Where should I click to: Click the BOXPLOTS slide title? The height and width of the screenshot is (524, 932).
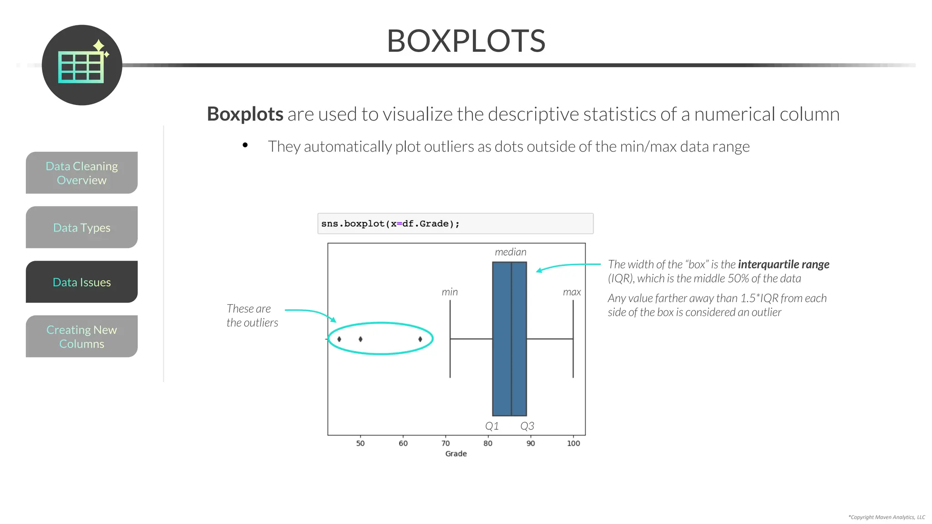click(x=466, y=41)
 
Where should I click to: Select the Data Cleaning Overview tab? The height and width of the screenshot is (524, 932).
click(x=82, y=173)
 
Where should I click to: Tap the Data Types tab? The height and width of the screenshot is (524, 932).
click(x=82, y=227)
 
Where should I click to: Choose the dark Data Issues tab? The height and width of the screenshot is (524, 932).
click(x=82, y=282)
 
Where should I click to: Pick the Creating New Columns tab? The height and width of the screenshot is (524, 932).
click(x=82, y=337)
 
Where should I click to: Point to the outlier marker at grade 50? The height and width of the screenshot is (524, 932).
click(x=360, y=339)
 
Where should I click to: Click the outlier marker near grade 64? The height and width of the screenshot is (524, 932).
click(x=420, y=339)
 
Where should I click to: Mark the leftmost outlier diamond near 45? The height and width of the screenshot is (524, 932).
click(x=339, y=339)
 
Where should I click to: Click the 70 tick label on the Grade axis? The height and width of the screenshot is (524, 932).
click(x=446, y=443)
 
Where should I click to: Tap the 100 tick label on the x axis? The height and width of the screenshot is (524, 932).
click(x=573, y=443)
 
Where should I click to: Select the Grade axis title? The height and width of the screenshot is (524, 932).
click(x=456, y=454)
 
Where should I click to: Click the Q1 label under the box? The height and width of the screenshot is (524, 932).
click(x=492, y=426)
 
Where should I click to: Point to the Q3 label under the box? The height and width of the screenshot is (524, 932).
click(x=527, y=426)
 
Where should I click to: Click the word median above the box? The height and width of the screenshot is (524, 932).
click(x=511, y=252)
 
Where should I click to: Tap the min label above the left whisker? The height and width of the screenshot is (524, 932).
click(x=450, y=292)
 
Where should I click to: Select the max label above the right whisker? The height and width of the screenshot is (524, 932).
click(x=572, y=292)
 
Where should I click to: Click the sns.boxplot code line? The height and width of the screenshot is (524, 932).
click(x=390, y=224)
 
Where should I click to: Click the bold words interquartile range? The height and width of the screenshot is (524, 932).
click(x=783, y=265)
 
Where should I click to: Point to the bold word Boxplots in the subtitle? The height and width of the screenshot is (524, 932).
click(x=245, y=114)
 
